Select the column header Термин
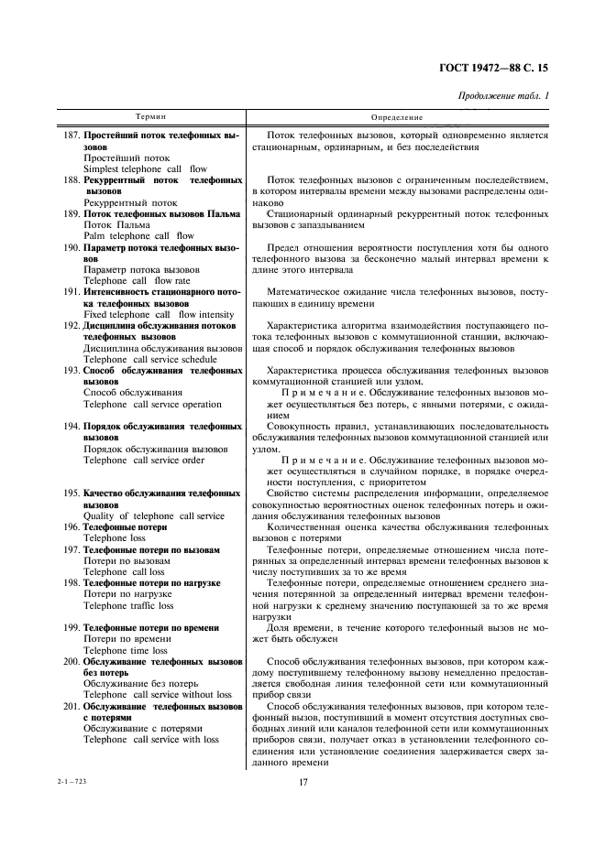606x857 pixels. (x=151, y=118)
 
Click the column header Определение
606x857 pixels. (x=397, y=118)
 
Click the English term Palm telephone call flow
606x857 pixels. (x=138, y=235)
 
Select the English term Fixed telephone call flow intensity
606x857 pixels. (x=158, y=314)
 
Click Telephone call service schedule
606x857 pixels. (x=149, y=359)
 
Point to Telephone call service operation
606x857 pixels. (x=152, y=404)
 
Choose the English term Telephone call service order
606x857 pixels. (x=144, y=460)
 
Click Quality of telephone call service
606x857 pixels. (x=153, y=515)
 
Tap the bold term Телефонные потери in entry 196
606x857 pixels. (x=125, y=527)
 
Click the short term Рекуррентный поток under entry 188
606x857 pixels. (x=130, y=202)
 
